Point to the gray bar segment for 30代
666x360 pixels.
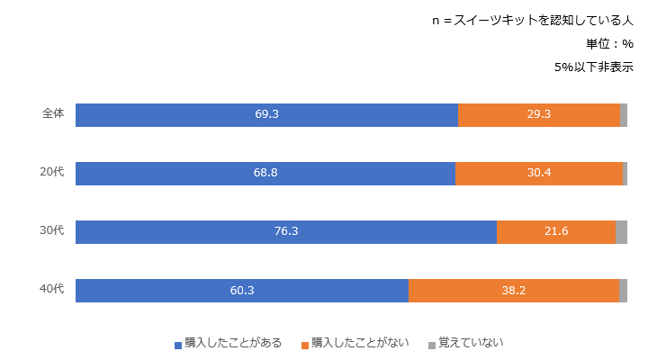621,232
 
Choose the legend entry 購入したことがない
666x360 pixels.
359,343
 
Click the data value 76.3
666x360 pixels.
286,232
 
